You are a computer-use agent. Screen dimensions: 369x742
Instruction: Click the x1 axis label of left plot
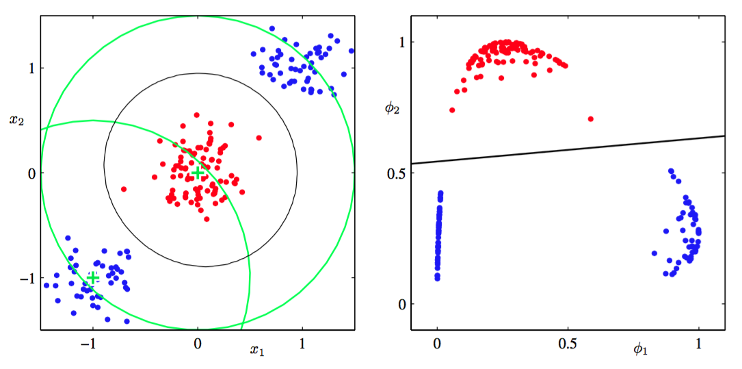coord(256,351)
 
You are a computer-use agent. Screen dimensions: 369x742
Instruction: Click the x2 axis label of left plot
coord(17,120)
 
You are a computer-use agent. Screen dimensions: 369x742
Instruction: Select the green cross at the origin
coord(198,173)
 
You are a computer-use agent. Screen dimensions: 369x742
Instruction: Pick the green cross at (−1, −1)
coord(92,277)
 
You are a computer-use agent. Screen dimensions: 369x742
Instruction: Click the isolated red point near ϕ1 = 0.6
coord(591,119)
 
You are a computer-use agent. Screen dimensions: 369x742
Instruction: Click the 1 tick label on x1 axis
coord(302,344)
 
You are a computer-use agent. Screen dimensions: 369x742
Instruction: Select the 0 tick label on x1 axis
coord(198,344)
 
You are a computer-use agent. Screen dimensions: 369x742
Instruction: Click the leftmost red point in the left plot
coord(124,189)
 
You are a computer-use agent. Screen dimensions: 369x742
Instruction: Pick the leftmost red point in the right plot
coord(452,110)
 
